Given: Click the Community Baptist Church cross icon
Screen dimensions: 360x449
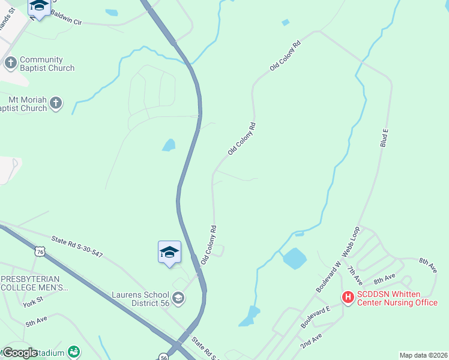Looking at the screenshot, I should [x=10, y=62].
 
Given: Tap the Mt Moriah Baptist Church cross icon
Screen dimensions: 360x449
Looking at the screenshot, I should [x=56, y=103].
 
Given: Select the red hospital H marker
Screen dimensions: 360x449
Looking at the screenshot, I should [x=347, y=296].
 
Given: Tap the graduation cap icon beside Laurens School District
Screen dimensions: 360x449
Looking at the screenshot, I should [x=178, y=298].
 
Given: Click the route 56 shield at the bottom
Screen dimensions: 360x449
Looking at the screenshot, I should [x=164, y=357].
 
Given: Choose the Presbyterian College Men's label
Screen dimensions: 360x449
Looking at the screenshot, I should [x=35, y=283].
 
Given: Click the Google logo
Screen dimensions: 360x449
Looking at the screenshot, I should [x=21, y=353].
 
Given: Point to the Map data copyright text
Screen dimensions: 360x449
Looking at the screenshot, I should [x=424, y=355].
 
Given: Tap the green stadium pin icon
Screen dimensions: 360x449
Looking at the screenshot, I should [x=74, y=352].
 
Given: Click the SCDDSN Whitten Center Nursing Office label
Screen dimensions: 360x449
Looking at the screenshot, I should [x=397, y=298].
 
